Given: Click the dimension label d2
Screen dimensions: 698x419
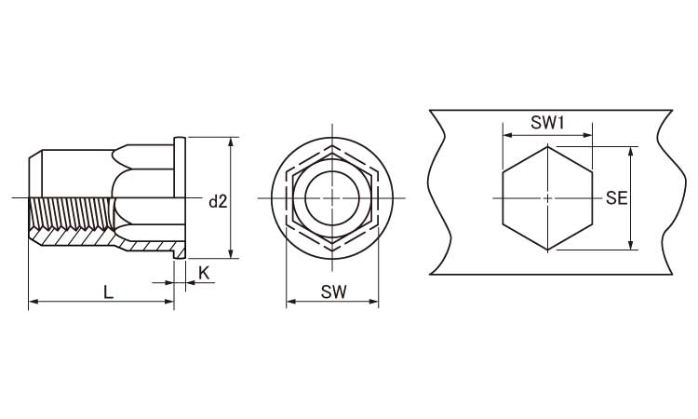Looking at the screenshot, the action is pos(218,202).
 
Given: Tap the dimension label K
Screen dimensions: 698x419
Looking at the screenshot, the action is pos(204,273).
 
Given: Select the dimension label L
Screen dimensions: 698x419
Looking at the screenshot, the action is pos(108,292).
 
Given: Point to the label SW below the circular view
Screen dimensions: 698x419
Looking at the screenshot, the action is pos(333,292).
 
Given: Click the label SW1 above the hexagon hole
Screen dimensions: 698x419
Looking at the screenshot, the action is pos(547,123).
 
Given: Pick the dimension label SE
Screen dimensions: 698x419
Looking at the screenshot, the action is pos(616,198).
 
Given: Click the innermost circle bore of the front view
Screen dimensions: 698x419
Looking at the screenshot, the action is pos(332,198).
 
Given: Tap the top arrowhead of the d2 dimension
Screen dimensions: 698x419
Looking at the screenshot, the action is pos(231,142).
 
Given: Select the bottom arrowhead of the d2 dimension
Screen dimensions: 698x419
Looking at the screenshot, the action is pos(231,253).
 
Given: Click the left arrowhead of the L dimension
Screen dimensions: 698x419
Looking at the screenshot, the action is pos(34,302).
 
